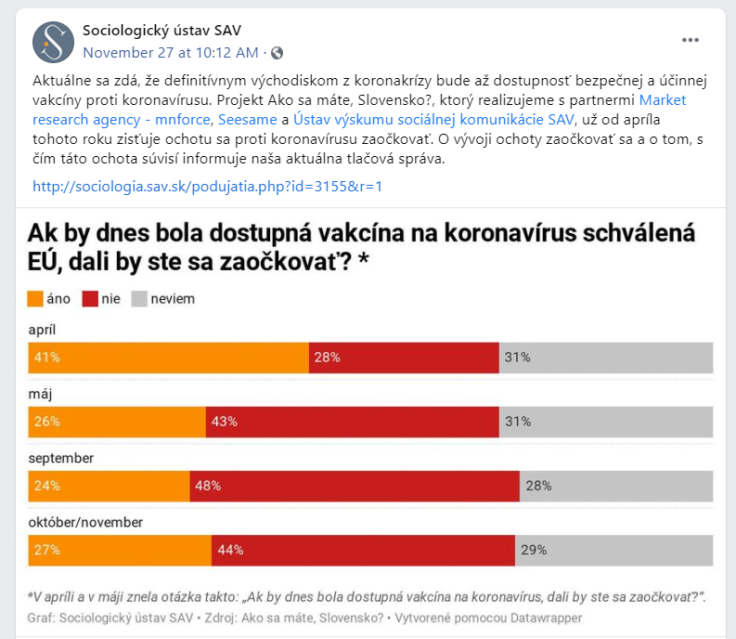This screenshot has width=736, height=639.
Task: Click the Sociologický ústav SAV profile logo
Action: coord(53,41)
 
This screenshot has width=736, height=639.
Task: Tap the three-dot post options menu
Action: coord(691,40)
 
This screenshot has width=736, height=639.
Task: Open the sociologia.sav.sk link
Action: coord(207,186)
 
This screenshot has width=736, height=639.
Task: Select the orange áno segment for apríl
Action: coord(169,358)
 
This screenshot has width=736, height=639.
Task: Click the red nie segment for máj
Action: coord(352,422)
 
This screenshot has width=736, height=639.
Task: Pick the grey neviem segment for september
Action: coord(616,486)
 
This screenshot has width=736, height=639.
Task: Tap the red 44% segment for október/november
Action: coord(363,550)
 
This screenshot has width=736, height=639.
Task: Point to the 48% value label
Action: coord(207,486)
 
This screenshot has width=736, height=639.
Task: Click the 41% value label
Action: coord(47,358)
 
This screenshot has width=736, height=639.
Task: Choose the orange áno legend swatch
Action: coord(35,299)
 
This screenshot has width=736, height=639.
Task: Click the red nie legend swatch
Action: coord(90,299)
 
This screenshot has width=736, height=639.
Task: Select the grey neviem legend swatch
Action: coord(139,299)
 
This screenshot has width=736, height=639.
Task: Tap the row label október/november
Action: coord(85,522)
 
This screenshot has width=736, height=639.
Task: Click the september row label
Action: coord(60,458)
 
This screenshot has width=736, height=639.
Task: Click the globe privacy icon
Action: coord(277,52)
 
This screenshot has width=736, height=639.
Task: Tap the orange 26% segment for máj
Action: coord(117,422)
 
